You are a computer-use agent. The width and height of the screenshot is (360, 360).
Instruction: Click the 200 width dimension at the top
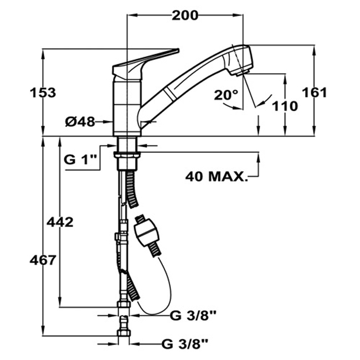[185, 16]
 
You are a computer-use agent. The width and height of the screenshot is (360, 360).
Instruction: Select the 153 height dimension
[43, 92]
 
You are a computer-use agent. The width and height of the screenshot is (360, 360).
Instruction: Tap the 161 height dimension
[314, 92]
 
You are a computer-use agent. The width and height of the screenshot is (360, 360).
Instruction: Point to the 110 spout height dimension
[285, 106]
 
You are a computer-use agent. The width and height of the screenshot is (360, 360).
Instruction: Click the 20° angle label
[226, 95]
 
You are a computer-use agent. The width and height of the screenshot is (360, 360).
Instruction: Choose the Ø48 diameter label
[80, 121]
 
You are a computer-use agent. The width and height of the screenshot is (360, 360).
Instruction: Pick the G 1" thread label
[79, 160]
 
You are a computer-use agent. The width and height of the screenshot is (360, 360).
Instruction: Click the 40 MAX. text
[217, 177]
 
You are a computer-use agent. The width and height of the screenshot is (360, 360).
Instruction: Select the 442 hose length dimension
[60, 222]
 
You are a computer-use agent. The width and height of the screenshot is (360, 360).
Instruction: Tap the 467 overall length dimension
[43, 260]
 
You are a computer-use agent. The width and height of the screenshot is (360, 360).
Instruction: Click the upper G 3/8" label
[193, 316]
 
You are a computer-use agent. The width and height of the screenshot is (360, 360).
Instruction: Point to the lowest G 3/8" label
[185, 344]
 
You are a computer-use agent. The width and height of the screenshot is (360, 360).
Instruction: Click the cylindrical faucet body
[127, 108]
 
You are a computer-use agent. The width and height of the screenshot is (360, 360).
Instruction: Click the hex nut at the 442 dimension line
[124, 305]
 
